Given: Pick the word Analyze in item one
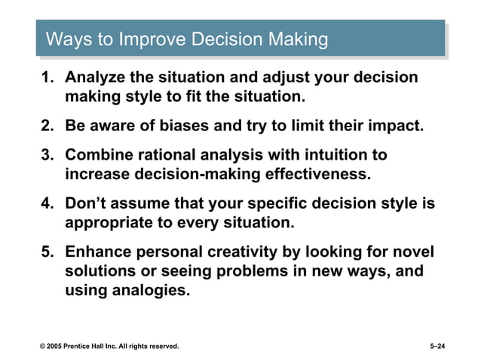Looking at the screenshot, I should (93, 78).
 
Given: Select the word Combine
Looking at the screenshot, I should (96, 155).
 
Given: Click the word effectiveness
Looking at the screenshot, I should (315, 175).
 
